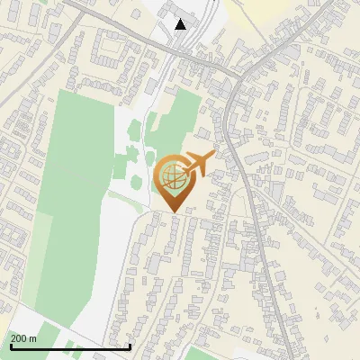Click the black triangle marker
point(181,24)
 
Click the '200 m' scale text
point(23,338)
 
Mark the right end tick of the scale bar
point(130,346)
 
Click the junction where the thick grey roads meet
point(231,81)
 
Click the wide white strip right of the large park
point(112,252)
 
